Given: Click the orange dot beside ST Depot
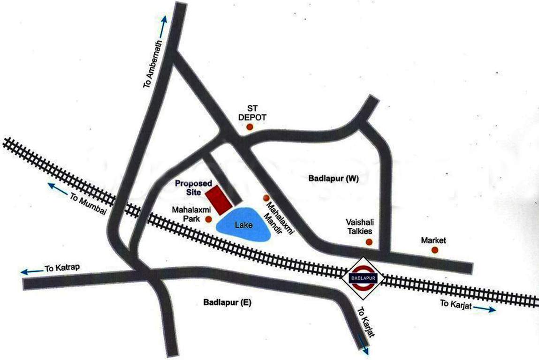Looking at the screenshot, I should click(x=250, y=127).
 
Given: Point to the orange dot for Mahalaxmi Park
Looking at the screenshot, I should click(x=208, y=219).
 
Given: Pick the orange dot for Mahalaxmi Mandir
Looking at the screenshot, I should click(x=266, y=198).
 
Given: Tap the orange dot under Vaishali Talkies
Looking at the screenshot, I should click(x=369, y=242).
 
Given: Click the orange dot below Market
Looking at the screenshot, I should click(x=435, y=250).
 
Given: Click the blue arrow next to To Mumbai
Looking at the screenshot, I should click(x=58, y=189).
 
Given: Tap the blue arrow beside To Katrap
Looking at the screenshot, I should click(x=30, y=271).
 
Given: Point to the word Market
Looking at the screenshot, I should click(x=433, y=240).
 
